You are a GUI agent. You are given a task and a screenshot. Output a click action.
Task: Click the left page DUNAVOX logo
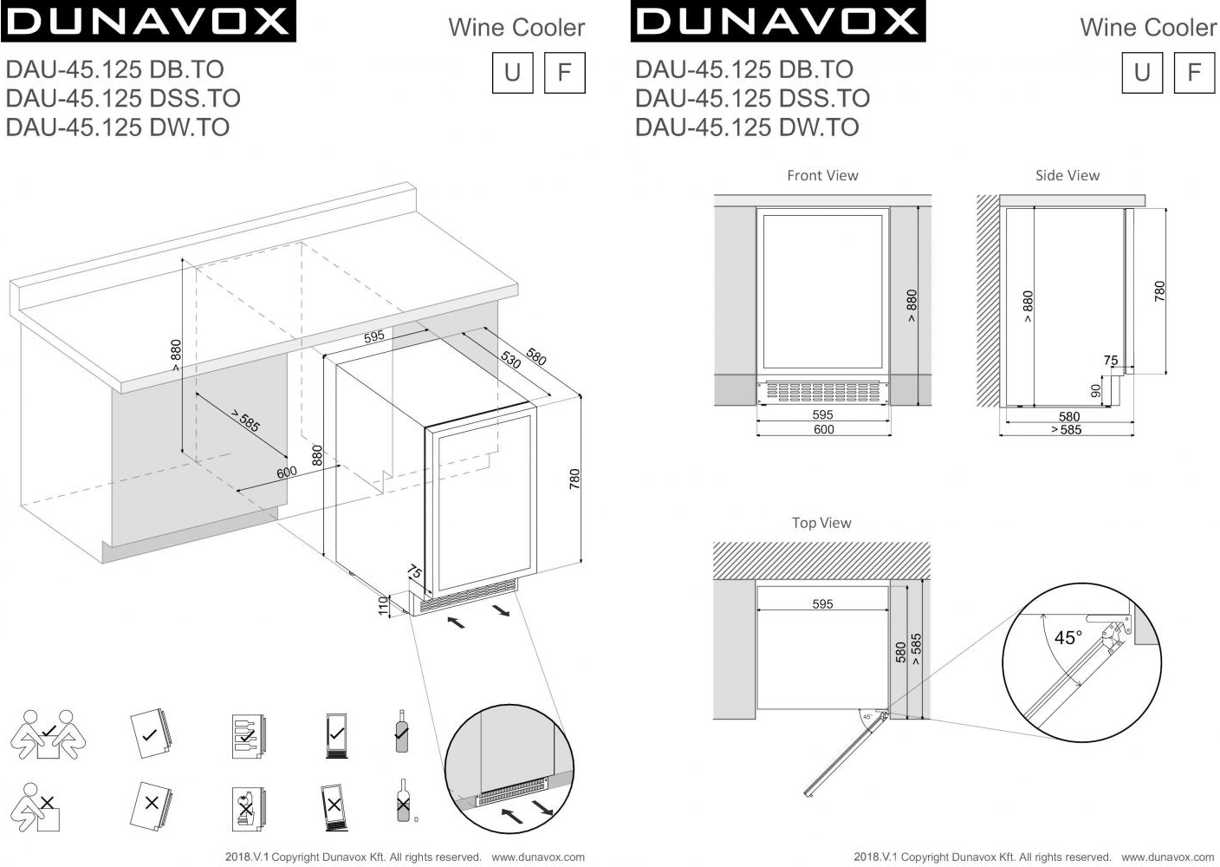tap(148, 22)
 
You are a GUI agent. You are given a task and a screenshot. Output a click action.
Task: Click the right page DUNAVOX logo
tap(777, 22)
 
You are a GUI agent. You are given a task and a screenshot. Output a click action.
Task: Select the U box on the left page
tap(512, 72)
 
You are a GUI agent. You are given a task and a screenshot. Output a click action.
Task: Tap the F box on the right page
tap(1194, 72)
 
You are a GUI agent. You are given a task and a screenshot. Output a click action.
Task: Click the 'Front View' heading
tap(822, 175)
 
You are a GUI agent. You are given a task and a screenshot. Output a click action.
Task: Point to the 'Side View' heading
tap(1067, 175)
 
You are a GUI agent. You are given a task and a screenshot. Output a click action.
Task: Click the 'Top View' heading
tap(821, 523)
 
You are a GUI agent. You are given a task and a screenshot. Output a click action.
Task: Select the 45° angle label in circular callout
tap(1067, 638)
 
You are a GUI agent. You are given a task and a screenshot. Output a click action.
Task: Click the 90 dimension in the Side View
tap(1095, 391)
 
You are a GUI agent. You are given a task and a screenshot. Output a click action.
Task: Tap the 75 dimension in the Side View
tap(1111, 360)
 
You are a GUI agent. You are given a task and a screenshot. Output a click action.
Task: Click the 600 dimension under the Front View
tap(823, 429)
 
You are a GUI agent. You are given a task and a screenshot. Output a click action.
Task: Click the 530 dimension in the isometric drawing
tap(510, 360)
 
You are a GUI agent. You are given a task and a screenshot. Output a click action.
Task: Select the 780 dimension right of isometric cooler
tap(574, 479)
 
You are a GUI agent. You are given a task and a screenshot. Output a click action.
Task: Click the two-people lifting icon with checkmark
tap(49, 734)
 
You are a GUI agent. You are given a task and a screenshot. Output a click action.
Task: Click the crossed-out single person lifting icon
tap(37, 808)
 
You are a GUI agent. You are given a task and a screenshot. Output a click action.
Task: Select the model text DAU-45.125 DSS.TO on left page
tap(123, 98)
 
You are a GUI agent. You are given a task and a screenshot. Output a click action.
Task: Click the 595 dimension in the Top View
tap(822, 604)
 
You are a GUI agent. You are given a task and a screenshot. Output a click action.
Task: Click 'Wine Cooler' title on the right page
tap(1147, 28)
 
